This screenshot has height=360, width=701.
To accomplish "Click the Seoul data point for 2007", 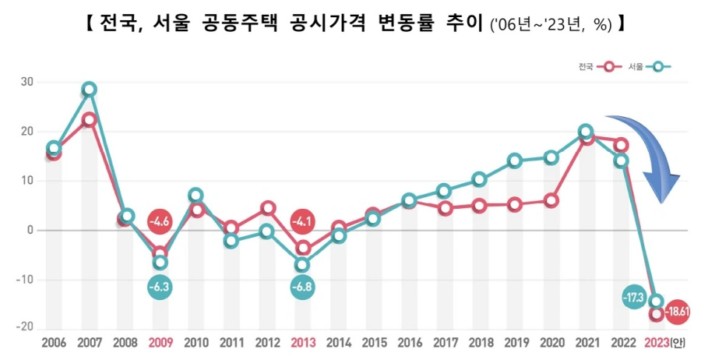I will point(90,89).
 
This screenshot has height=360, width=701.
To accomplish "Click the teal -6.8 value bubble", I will point(303,286).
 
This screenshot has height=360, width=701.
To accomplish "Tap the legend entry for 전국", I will point(600,68).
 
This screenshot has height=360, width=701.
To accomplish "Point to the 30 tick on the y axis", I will point(26,82).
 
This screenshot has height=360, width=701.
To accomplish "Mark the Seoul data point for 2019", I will point(515,161).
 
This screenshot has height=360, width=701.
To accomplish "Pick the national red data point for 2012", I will point(267,208).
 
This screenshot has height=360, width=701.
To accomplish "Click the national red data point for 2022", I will point(621,144).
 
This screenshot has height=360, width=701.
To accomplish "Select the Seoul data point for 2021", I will point(586,131).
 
